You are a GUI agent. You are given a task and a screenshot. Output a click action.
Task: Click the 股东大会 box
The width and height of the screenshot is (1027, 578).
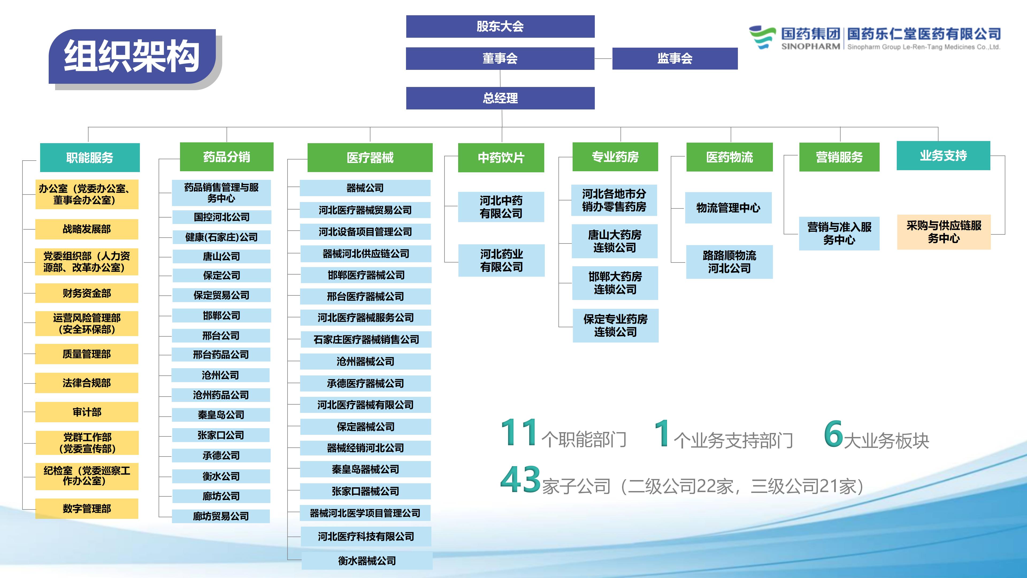[500, 26]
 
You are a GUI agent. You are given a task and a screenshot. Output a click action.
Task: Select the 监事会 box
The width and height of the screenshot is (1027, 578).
[675, 59]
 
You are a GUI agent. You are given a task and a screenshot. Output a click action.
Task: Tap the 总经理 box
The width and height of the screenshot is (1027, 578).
[500, 98]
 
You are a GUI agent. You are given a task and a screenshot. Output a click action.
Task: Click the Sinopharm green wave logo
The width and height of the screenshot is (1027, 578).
[762, 37]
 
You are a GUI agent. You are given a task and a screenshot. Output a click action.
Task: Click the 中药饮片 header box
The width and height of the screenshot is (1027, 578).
[501, 158]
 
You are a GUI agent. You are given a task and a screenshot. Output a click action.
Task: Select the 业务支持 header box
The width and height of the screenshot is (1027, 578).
[943, 155]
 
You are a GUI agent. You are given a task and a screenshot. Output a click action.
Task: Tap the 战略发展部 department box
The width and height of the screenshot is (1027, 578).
[87, 229]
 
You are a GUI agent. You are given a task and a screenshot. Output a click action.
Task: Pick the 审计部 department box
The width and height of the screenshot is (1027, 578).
[87, 412]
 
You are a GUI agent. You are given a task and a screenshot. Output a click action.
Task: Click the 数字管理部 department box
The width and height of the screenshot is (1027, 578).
[87, 509]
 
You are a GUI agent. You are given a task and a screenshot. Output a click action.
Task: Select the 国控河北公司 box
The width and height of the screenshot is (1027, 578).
[222, 217]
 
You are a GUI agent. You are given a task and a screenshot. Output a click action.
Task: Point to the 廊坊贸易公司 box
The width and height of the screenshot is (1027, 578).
[221, 516]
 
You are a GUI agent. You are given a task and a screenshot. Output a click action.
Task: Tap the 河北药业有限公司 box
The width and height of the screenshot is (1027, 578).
[501, 260]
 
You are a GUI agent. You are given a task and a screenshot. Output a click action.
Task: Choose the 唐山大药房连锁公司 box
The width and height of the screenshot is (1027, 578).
[615, 241]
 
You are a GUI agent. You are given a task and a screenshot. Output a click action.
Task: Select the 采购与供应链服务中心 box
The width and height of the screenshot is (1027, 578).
[944, 232]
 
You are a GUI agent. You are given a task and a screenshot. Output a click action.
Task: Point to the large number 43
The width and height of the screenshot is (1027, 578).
[521, 479]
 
